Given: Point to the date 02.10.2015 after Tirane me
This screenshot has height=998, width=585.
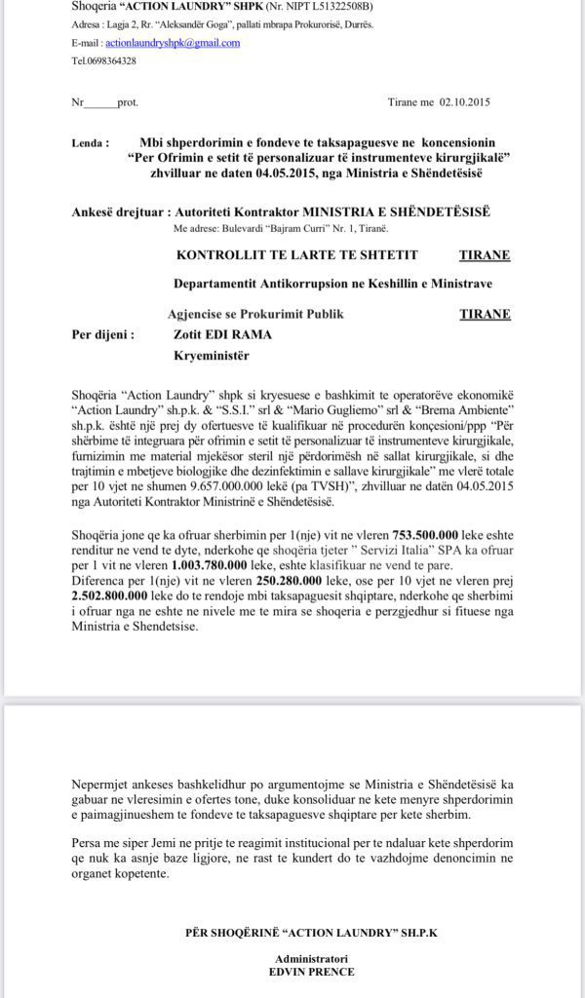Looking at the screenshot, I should pyautogui.click(x=462, y=101).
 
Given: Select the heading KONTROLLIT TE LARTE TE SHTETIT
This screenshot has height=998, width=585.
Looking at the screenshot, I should pyautogui.click(x=297, y=255).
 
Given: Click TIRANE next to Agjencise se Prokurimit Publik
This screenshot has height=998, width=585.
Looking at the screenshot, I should pyautogui.click(x=485, y=315).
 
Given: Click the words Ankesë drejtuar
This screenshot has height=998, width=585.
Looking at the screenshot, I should pyautogui.click(x=118, y=211).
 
